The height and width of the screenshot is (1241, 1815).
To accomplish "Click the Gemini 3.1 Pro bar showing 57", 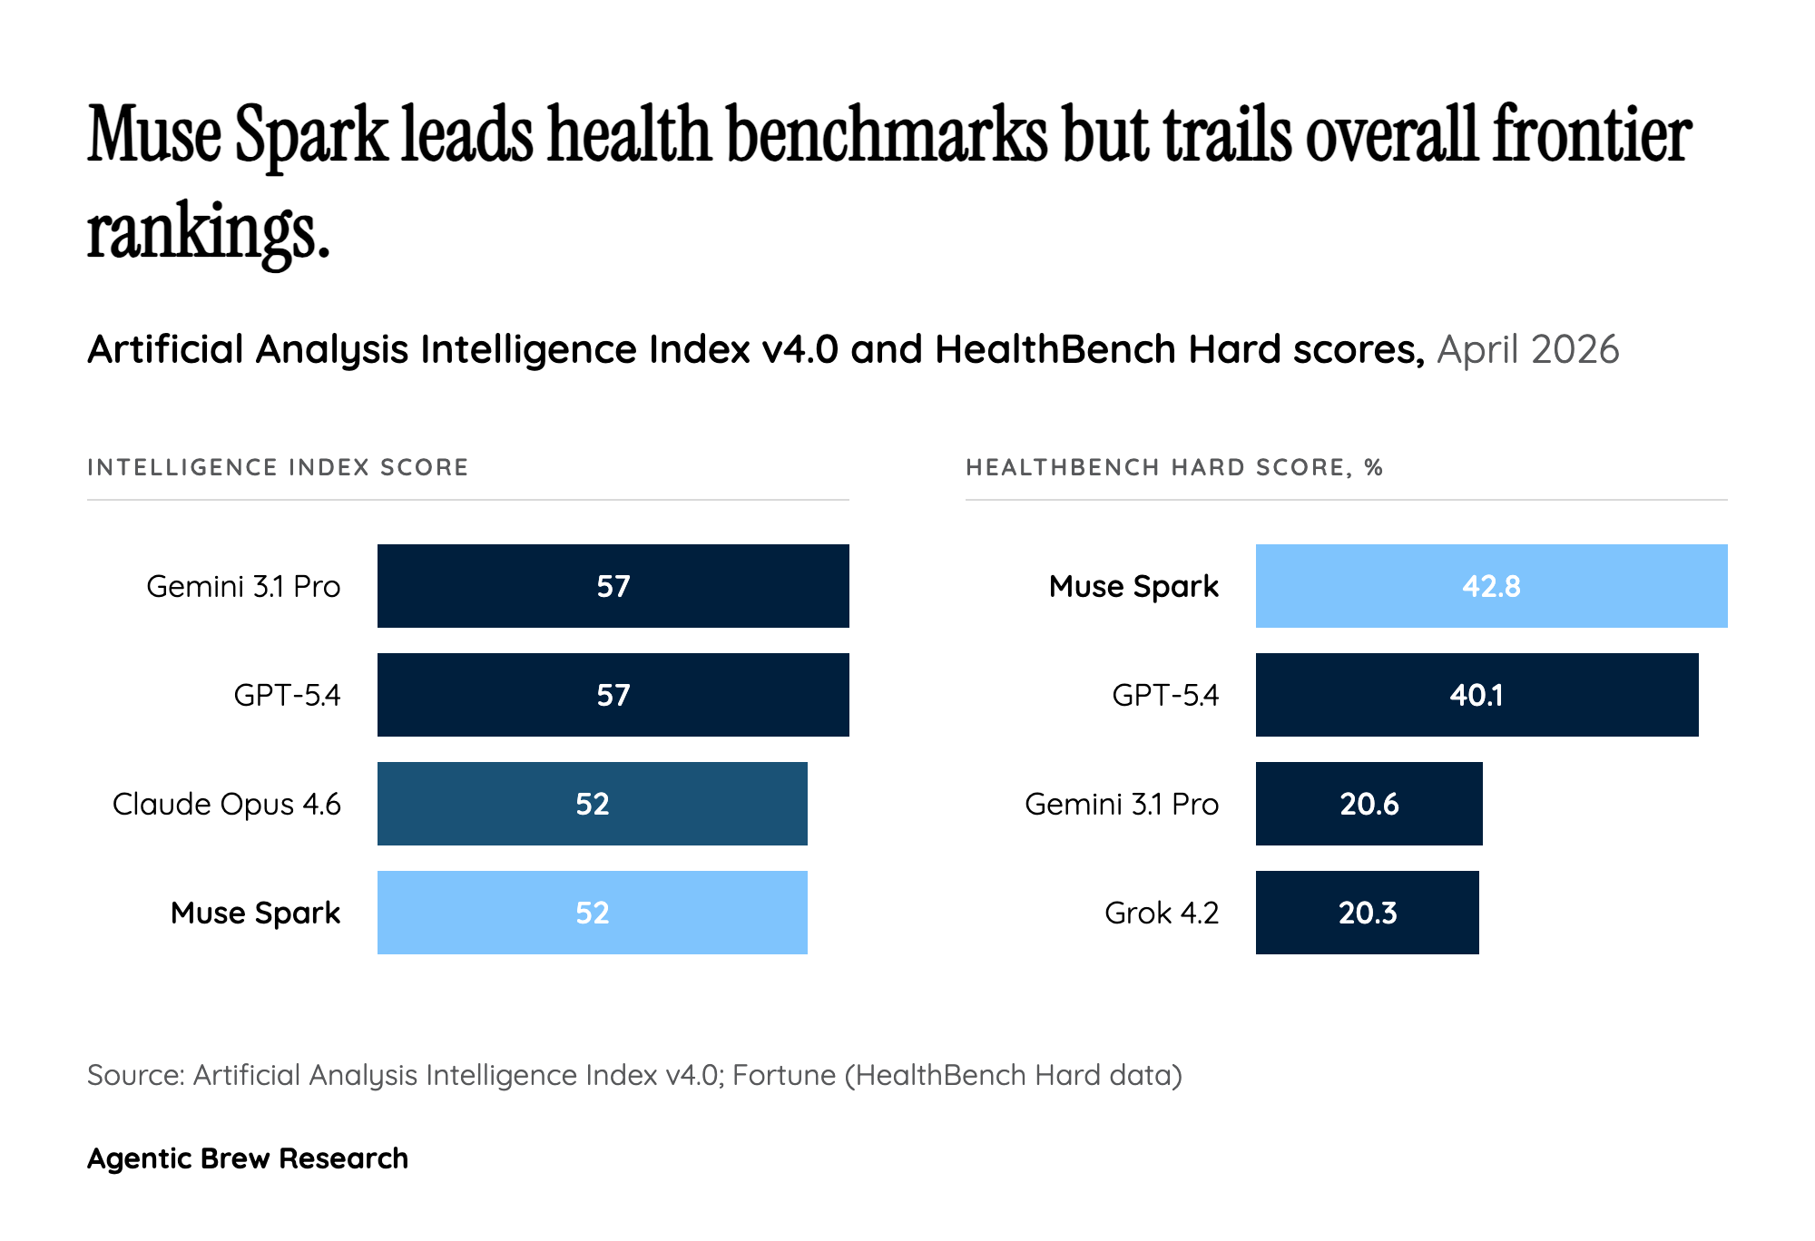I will [613, 586].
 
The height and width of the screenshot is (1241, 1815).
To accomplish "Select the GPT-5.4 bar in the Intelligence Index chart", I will [613, 695].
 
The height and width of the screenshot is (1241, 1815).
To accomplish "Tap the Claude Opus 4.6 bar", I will [592, 804].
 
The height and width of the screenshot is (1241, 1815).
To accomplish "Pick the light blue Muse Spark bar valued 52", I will [592, 913].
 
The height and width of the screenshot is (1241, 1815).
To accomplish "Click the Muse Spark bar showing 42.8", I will [1491, 586].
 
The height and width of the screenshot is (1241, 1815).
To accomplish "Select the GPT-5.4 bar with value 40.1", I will [1477, 695].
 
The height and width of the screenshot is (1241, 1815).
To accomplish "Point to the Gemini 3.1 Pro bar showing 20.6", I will [1369, 804].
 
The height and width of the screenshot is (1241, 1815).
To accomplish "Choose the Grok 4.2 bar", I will [1367, 913].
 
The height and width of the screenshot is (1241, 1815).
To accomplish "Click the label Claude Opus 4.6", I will [227, 804].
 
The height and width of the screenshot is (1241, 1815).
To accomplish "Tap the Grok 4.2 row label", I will [1162, 913].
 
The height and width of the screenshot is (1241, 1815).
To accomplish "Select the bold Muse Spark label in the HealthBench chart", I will [1133, 586].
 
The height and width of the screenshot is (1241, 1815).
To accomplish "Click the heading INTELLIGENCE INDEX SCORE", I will [278, 467].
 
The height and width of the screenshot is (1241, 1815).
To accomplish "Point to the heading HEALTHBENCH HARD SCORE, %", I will [1174, 467].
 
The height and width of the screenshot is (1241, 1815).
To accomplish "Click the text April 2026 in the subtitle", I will [1528, 350].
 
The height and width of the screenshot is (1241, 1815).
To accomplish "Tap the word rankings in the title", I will [207, 232].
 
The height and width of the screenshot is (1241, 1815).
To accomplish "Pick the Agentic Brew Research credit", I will [248, 1158].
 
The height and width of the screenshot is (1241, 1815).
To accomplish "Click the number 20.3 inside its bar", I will [1367, 913].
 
